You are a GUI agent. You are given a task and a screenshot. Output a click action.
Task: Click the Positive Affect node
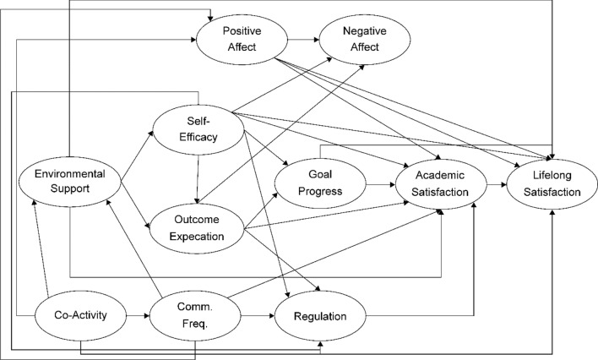(242, 40)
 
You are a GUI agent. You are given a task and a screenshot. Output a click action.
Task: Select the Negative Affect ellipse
(365, 40)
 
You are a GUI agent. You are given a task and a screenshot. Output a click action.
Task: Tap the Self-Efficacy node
(198, 129)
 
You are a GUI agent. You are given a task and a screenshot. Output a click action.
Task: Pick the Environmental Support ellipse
(70, 182)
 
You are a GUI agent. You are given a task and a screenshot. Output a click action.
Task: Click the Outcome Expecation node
(197, 228)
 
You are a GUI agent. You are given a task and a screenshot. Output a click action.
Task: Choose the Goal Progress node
(320, 183)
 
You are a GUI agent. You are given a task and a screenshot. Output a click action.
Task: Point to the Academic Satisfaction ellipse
(441, 184)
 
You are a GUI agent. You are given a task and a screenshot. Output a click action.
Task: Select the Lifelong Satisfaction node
(552, 184)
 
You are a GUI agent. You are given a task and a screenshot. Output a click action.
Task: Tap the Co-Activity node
(80, 316)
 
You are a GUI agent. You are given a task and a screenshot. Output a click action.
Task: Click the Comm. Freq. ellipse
(195, 316)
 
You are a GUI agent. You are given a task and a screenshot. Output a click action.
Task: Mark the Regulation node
(320, 316)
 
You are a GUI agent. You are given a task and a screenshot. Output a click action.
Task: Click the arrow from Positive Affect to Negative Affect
(303, 40)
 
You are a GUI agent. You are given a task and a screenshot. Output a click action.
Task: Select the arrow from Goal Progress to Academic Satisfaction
(381, 185)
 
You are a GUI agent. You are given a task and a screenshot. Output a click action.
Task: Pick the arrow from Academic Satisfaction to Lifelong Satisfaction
(497, 185)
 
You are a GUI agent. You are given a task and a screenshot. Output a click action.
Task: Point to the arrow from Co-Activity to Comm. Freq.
(138, 316)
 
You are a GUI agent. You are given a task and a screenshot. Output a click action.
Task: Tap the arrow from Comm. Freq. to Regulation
(258, 316)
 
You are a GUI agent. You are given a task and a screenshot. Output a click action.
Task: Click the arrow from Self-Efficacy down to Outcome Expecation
(198, 179)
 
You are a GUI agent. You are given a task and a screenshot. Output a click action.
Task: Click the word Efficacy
(198, 137)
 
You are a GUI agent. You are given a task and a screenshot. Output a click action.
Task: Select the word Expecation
(197, 237)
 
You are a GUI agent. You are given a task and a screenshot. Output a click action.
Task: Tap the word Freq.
(195, 325)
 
